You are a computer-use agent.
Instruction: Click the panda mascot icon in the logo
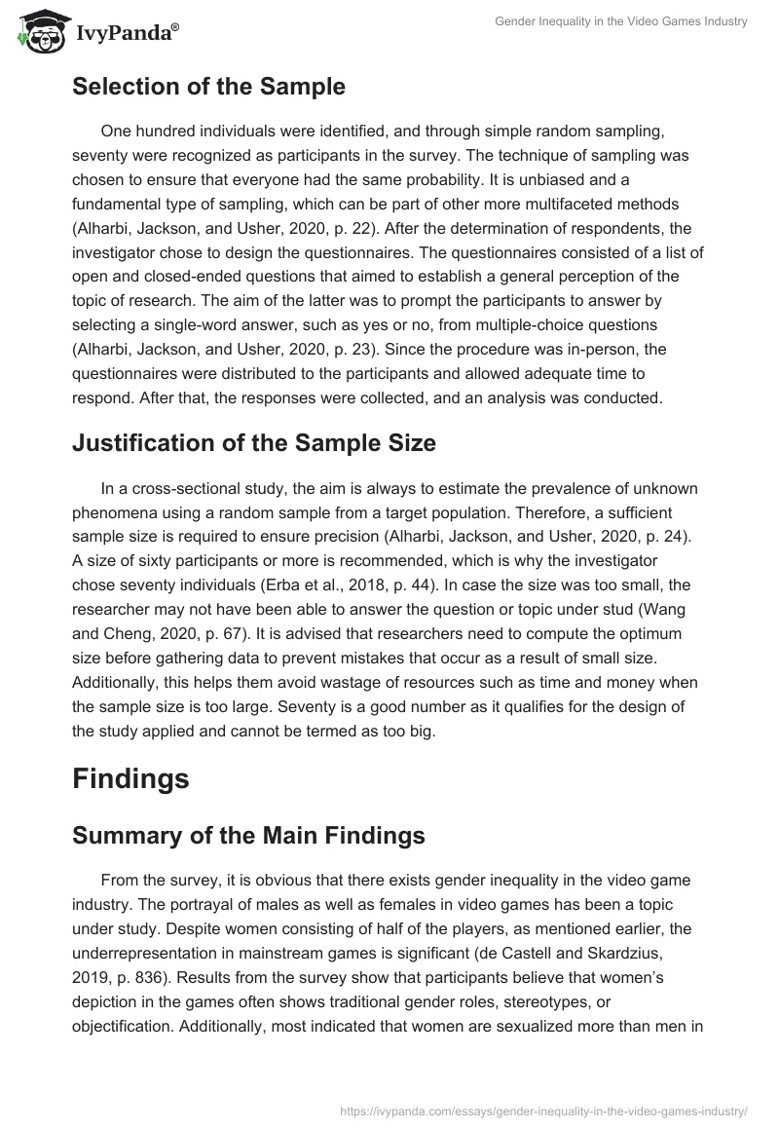click(37, 31)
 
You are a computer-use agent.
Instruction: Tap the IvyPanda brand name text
click(127, 32)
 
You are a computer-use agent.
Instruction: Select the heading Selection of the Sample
click(208, 87)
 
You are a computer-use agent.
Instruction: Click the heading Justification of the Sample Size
click(254, 442)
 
